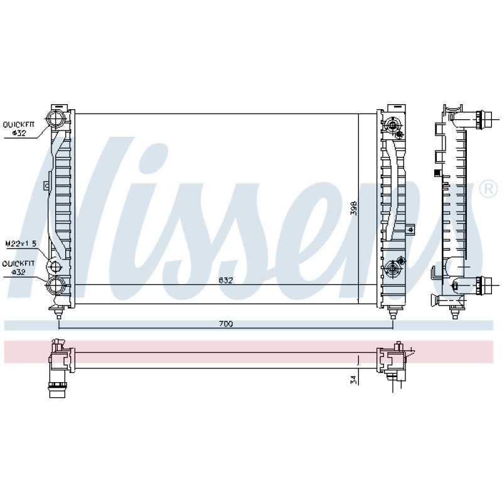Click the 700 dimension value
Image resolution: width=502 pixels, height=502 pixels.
tap(226, 324)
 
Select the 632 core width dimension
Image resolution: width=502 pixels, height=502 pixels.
tap(226, 280)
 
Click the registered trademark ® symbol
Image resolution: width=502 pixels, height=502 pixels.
tap(487, 188)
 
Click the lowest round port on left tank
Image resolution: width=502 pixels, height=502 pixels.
tap(56, 286)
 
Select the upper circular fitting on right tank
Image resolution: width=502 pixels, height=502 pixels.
tap(394, 125)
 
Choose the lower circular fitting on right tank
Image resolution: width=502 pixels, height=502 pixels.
tap(394, 269)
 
